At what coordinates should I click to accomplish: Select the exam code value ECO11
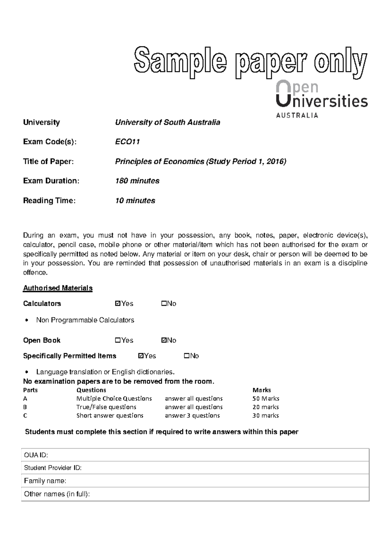tap(127, 142)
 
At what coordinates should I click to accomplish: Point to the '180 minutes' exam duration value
tap(137, 181)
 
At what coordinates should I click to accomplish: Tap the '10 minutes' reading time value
tap(135, 201)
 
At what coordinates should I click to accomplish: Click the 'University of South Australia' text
tap(167, 122)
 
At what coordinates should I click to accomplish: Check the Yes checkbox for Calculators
tap(118, 304)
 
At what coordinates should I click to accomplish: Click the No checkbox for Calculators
tap(163, 304)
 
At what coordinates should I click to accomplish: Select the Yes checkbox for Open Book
tap(118, 340)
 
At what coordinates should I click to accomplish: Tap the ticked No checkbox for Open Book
tap(163, 340)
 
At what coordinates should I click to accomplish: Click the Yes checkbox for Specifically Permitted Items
tap(141, 356)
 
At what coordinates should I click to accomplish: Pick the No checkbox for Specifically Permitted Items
tap(187, 356)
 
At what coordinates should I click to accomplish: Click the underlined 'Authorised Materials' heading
tap(58, 288)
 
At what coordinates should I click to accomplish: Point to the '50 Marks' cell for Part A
tap(266, 398)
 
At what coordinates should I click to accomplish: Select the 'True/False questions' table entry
tap(106, 407)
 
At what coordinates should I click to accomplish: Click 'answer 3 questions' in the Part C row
tap(192, 415)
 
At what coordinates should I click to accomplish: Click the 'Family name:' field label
tap(45, 481)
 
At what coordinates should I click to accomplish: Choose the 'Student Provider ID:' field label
tap(53, 468)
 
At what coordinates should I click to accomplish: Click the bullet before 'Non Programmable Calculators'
tap(26, 321)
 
